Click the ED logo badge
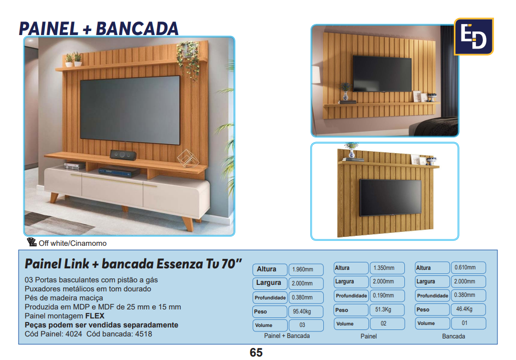pyautogui.click(x=473, y=37)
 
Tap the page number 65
pyautogui.click(x=256, y=352)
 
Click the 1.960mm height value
pyautogui.click(x=302, y=269)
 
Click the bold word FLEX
pyautogui.click(x=95, y=316)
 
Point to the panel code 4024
pyautogui.click(x=74, y=334)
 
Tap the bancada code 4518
pyautogui.click(x=144, y=334)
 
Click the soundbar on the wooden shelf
pyautogui.click(x=123, y=155)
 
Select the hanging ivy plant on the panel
pyautogui.click(x=189, y=59)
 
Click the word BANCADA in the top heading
pyautogui.click(x=137, y=29)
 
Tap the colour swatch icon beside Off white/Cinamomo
pyautogui.click(x=32, y=242)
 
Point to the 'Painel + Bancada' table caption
pyautogui.click(x=287, y=336)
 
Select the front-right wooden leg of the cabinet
pyautogui.click(x=189, y=223)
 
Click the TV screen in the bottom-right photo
pyautogui.click(x=390, y=198)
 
